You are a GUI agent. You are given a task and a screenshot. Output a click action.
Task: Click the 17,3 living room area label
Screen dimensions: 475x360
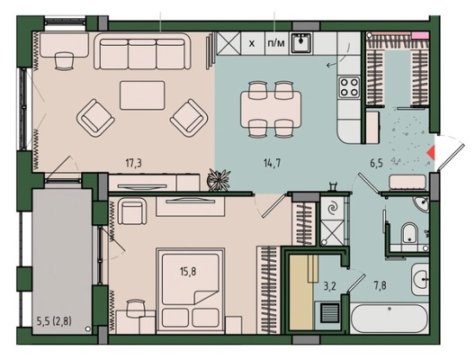click(133, 164)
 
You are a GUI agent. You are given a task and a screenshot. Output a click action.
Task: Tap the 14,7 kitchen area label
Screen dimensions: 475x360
click(272, 164)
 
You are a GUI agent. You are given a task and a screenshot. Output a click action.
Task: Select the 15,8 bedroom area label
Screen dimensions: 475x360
click(188, 271)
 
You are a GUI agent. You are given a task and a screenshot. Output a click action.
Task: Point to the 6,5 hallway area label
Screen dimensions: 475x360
click(376, 164)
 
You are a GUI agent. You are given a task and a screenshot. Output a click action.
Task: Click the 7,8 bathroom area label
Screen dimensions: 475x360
click(380, 285)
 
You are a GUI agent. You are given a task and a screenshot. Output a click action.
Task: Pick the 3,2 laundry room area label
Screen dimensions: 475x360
click(330, 286)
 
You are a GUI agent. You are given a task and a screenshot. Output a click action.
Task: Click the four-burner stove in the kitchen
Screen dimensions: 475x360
click(349, 87)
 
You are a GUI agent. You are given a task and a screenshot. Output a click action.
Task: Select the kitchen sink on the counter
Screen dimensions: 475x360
click(300, 43)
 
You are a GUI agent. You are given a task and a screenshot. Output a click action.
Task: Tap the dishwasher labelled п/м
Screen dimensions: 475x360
click(277, 43)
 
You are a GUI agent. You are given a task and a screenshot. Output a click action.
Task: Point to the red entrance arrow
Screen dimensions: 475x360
click(431, 153)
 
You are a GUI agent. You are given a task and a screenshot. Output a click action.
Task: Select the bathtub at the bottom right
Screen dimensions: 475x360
click(390, 319)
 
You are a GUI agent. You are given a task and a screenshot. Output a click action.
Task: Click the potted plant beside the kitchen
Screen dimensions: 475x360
click(218, 180)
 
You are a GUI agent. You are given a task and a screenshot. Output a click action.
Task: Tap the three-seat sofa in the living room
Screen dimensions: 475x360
click(142, 51)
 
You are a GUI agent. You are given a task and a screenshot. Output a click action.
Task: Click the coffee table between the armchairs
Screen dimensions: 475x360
click(142, 95)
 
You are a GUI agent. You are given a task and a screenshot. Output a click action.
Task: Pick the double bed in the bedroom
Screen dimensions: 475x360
click(190, 291)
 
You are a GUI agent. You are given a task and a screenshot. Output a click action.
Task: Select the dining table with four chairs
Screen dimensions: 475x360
click(271, 109)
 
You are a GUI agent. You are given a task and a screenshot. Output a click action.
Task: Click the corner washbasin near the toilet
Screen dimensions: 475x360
click(421, 203)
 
